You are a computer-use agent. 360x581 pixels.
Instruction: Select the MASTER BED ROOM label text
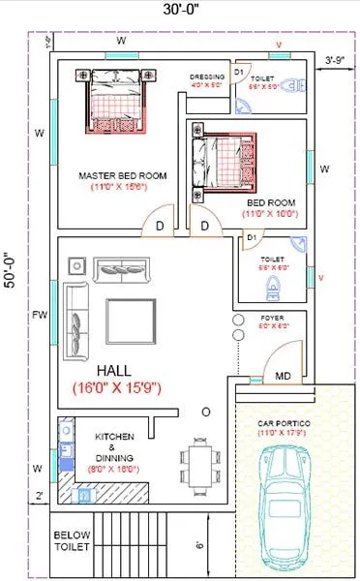(122, 176)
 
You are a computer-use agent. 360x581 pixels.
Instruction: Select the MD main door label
(284, 375)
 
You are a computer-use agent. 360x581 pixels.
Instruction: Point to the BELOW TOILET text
(71, 541)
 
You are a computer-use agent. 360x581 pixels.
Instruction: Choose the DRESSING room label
(207, 76)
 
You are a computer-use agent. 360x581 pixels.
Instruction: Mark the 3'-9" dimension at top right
(336, 59)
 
